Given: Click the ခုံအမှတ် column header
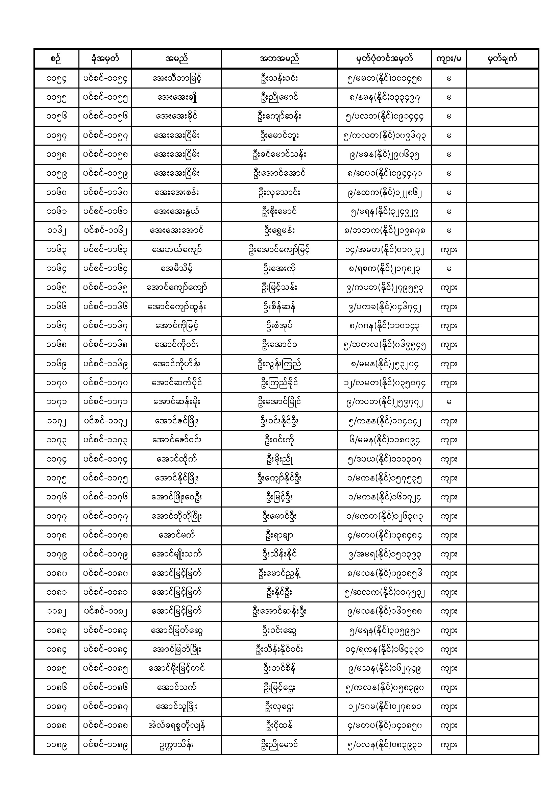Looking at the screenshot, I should pos(105,58).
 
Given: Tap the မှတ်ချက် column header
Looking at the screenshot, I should pos(502,58).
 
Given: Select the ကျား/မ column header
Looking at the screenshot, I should pos(448,58).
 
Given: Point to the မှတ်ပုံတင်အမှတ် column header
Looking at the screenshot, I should pos(384,58).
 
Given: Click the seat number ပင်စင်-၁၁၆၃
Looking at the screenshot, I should pos(105,249).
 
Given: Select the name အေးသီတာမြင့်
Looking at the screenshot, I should pos(176,78).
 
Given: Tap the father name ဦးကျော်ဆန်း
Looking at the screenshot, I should pos(279,116).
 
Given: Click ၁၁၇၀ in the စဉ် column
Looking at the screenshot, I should pos(56,383).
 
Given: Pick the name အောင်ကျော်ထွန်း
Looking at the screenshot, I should pos(176,306).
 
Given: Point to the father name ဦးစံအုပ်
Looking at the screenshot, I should pos(279,325).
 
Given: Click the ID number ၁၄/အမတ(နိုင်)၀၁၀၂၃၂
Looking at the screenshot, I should pos(384,249).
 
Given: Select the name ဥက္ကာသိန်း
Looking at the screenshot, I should pos(176,745).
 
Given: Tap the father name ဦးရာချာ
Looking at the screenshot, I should pos(279,535).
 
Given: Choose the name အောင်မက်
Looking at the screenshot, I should pos(176,535).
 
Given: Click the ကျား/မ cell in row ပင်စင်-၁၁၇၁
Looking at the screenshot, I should pos(448,402).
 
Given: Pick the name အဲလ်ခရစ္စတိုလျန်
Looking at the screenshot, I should pos(176,726).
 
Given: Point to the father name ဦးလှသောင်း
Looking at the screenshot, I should pos(279,192).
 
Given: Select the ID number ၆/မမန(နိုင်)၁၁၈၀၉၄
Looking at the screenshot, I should pos(384,440).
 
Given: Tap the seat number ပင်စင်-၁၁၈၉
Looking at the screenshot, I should pos(105,745).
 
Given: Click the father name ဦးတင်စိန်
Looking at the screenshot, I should pos(279,669).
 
